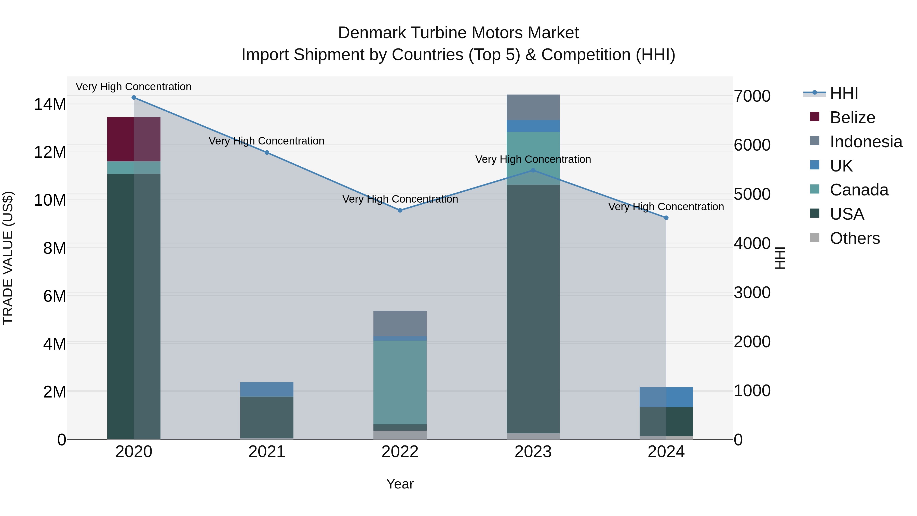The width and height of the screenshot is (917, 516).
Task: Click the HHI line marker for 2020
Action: pos(134,98)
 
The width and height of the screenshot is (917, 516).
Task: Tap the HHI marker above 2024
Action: pos(666,218)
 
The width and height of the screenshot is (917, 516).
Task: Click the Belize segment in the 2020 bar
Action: pos(133,139)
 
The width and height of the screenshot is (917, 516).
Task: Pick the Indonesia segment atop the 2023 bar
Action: pos(533,107)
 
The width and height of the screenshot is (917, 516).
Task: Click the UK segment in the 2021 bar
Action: pos(267,390)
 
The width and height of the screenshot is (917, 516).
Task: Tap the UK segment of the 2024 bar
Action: pos(666,397)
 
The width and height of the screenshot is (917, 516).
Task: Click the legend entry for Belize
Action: pos(852,117)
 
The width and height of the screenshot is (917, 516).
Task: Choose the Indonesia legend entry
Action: pos(866,142)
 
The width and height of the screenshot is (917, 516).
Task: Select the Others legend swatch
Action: pos(815,237)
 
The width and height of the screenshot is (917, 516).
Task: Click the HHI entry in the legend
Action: pos(844,93)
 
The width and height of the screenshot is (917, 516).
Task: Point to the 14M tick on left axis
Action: pos(50,104)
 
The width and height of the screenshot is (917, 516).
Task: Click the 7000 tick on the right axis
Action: pos(752,96)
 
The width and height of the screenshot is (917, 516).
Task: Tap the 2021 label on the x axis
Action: pos(267,452)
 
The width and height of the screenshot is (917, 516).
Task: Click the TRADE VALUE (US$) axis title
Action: pos(8,258)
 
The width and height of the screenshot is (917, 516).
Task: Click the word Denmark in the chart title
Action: pos(372,33)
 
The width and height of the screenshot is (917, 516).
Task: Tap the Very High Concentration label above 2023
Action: pos(533,159)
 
